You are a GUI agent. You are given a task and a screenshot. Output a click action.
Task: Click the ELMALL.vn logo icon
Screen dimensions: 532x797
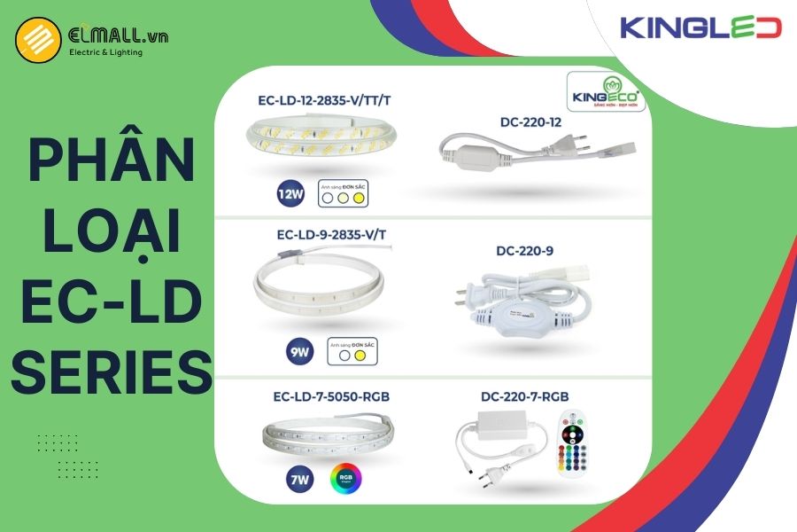(x=37, y=41)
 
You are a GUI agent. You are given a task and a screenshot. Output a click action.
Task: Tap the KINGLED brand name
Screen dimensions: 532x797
(x=700, y=27)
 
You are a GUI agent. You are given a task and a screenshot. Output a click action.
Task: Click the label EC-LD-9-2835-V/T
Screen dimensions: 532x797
(x=326, y=234)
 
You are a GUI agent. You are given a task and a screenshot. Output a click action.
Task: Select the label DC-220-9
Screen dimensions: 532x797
(x=524, y=251)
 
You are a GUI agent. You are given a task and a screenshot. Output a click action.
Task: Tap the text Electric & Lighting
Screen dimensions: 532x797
(x=105, y=52)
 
